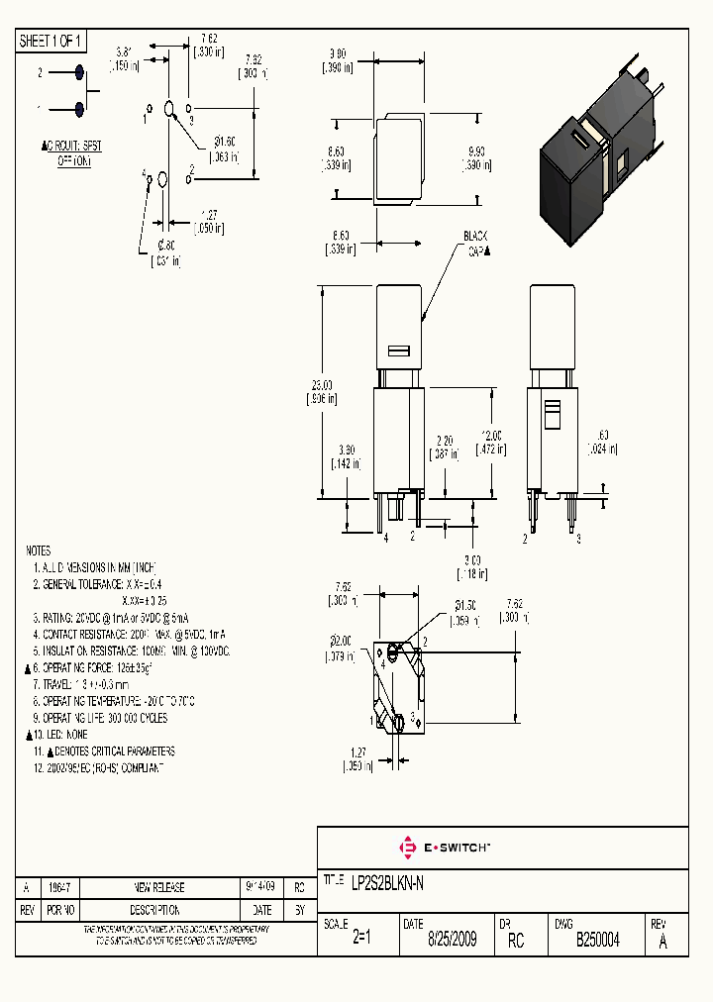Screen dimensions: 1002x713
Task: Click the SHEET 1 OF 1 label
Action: tap(51, 41)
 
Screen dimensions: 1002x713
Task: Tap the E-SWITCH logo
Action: tap(445, 848)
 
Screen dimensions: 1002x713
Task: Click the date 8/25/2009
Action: tap(452, 940)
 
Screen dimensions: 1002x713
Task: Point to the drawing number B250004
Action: tap(597, 940)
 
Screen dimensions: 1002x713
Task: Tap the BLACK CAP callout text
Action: tap(477, 245)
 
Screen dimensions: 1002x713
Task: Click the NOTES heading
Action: tap(38, 550)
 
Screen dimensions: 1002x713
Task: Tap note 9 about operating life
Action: tap(99, 718)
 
